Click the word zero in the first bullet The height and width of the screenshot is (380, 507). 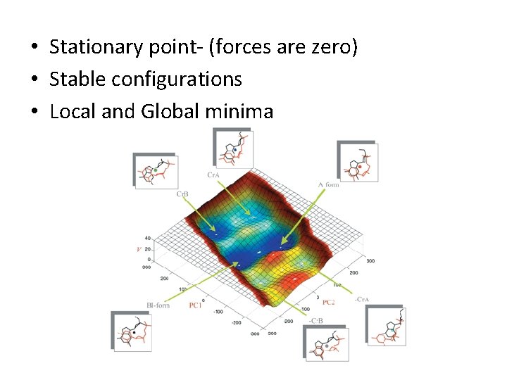pos(332,48)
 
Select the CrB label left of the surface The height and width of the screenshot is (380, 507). pos(183,193)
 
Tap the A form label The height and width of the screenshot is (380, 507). pos(328,184)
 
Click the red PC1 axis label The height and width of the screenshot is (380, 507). pos(196,305)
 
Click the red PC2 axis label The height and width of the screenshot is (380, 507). pos(328,302)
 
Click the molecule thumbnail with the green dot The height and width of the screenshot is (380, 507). pos(156,171)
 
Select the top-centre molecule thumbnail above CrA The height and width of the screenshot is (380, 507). pos(233,148)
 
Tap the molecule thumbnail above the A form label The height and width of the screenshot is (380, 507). pos(358,163)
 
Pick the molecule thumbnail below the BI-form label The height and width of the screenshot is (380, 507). pos(132,331)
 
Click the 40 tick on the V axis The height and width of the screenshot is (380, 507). pos(147,239)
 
